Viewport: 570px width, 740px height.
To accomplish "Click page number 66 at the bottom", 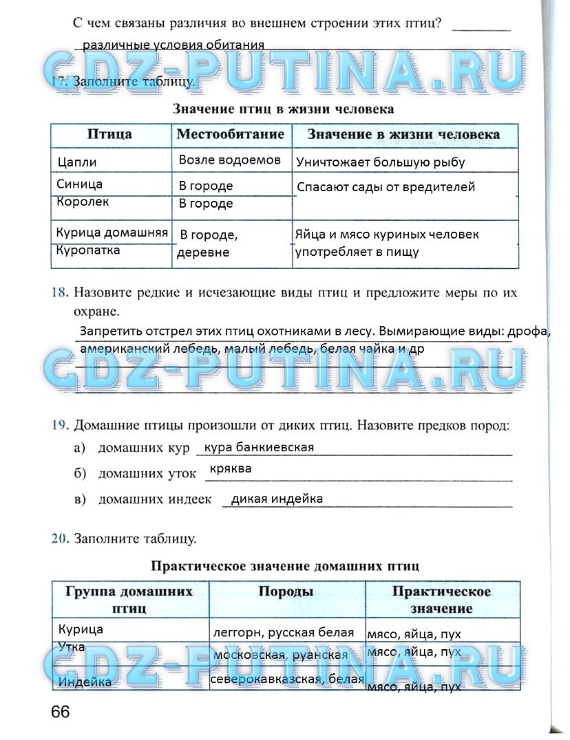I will [60, 712].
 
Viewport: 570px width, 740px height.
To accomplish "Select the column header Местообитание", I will [231, 134].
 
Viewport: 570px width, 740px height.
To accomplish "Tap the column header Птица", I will [110, 134].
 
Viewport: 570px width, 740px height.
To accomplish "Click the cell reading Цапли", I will [78, 163].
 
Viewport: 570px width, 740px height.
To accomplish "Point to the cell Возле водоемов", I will [230, 160].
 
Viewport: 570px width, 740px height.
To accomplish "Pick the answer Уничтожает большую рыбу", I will [381, 163].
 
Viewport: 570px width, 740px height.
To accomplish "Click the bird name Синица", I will [80, 184].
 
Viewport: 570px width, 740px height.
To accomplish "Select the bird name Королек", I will [83, 202].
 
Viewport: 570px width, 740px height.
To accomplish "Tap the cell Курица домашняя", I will [112, 233].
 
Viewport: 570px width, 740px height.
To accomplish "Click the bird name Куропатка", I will [89, 250].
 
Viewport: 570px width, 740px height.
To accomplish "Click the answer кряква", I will [231, 469].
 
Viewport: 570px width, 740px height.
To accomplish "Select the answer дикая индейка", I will [277, 499].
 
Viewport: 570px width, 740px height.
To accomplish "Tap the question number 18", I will [58, 293].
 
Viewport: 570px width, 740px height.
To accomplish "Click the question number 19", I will [58, 425].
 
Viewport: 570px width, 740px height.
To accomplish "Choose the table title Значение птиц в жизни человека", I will [284, 109].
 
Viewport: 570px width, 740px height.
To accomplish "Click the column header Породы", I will [286, 592].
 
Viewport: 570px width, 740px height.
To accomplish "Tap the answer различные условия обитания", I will [173, 45].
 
